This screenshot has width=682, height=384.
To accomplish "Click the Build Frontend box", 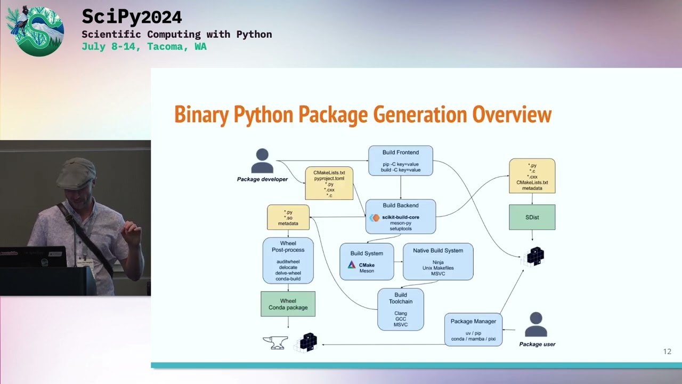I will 401,161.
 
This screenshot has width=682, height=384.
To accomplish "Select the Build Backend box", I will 401,217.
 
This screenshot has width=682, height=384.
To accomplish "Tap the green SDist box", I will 532,217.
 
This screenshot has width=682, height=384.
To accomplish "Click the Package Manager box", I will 473,330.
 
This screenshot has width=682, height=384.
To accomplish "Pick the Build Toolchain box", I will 401,309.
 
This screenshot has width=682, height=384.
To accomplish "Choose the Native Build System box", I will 438,261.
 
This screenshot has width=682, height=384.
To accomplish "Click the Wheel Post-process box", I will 288,260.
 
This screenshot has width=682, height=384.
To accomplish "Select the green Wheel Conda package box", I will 288,303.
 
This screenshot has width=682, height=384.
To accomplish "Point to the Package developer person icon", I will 262,161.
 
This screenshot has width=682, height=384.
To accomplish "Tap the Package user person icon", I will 537,325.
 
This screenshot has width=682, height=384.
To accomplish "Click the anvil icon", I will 275,342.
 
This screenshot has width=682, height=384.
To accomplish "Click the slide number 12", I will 667,351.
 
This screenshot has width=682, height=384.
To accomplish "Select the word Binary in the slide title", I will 201,115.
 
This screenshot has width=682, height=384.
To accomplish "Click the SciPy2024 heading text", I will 132,17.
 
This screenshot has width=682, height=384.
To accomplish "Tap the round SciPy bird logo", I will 35,31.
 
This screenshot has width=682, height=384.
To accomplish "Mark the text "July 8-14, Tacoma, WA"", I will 144,46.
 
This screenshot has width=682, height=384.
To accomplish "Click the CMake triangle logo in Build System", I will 352,265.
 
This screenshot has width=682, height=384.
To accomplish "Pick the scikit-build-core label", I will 400,217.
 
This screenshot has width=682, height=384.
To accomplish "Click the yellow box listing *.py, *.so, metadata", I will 288,218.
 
